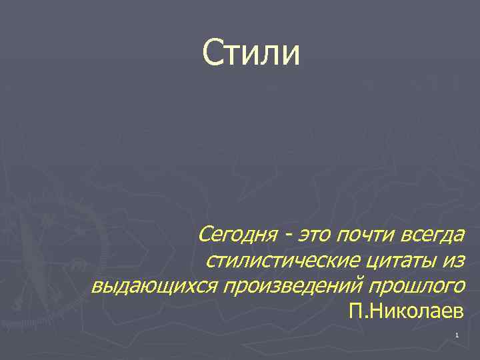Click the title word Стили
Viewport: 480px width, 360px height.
pyautogui.click(x=252, y=53)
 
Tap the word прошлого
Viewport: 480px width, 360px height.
pyautogui.click(x=419, y=286)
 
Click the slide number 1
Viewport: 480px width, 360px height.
pyautogui.click(x=457, y=335)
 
